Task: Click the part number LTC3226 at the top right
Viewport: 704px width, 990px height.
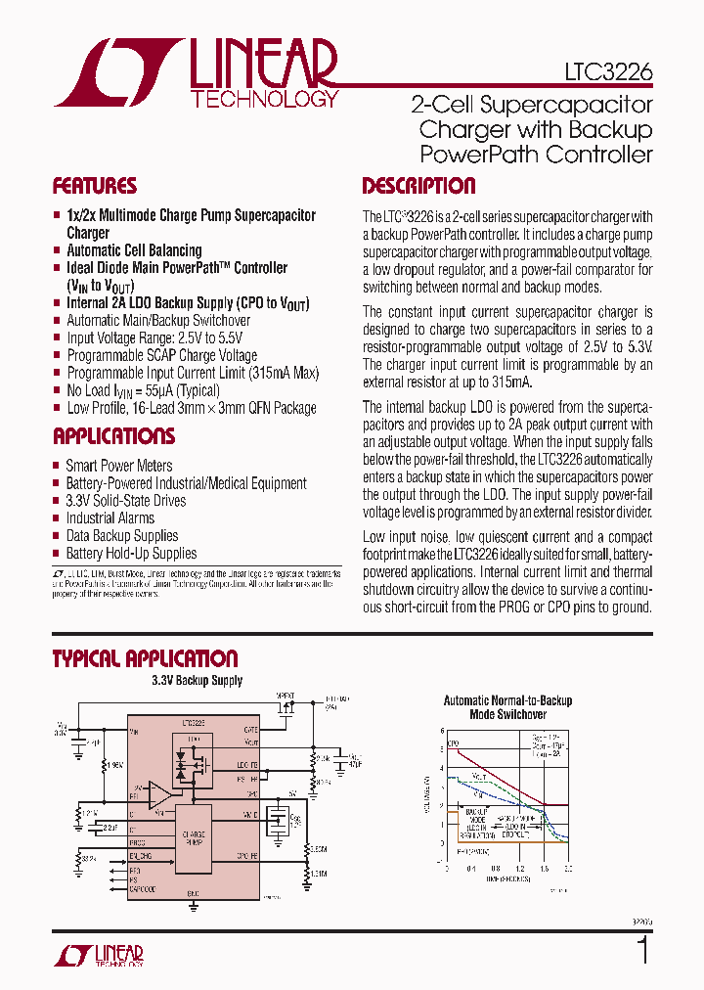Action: [x=607, y=71]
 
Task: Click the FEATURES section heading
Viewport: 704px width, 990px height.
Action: [x=95, y=186]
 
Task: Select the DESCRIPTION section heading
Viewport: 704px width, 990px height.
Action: [x=418, y=186]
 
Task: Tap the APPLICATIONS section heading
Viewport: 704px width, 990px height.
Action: [x=113, y=436]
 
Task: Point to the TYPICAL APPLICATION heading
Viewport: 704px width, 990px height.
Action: [x=145, y=658]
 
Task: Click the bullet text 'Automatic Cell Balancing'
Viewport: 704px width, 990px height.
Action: [x=134, y=250]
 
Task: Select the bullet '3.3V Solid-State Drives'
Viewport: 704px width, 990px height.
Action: [x=125, y=501]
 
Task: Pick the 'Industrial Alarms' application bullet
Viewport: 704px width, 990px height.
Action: [x=110, y=518]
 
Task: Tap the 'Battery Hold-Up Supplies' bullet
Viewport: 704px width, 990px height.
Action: [x=131, y=554]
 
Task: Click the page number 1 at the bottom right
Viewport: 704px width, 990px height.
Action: [x=642, y=951]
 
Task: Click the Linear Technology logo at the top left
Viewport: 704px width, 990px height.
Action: [x=196, y=73]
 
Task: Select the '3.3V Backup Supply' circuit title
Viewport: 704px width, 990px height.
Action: [x=197, y=681]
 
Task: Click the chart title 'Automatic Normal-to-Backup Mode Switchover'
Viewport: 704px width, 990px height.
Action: [x=507, y=707]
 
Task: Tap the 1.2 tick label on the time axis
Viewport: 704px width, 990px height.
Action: [x=519, y=868]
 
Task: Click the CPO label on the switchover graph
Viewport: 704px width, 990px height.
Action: [x=455, y=746]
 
